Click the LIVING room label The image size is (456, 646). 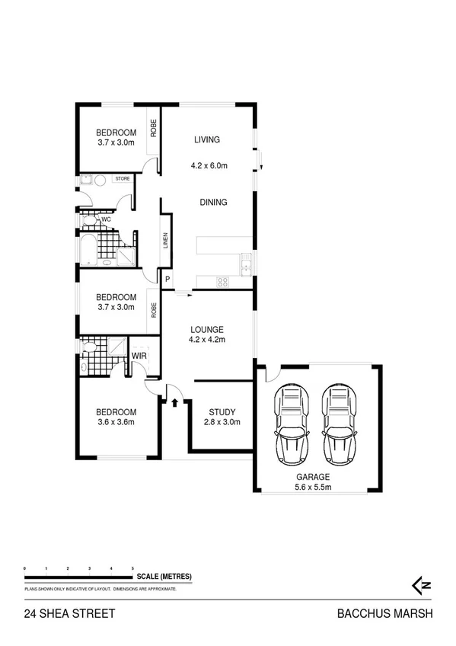tap(206, 139)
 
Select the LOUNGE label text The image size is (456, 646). tap(206, 329)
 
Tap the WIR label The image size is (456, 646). tap(139, 356)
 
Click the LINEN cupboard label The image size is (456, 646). tap(164, 242)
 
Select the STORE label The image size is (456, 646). tap(123, 178)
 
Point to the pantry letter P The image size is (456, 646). tap(167, 280)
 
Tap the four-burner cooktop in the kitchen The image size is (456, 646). tap(222, 282)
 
